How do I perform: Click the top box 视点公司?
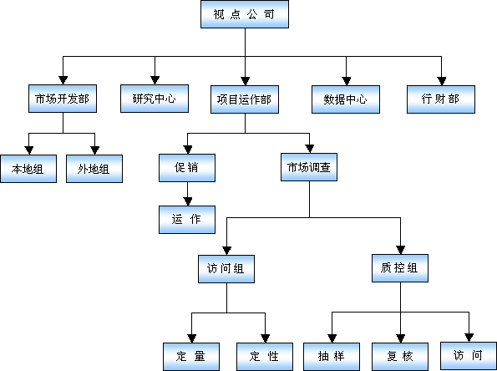click(x=245, y=14)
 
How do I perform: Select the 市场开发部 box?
click(x=63, y=99)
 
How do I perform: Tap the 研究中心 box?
click(x=155, y=99)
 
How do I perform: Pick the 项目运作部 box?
click(x=245, y=99)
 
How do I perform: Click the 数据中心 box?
click(x=346, y=99)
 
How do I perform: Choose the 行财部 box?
click(x=441, y=99)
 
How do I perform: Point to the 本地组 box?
click(x=28, y=169)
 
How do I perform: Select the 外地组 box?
click(x=94, y=169)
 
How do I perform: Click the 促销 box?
click(x=187, y=168)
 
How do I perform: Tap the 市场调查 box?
click(x=309, y=167)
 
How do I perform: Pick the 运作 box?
click(x=187, y=220)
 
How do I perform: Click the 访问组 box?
click(x=226, y=269)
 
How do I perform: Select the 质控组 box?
click(x=400, y=268)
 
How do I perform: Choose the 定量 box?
click(x=191, y=357)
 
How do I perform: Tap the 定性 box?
click(x=265, y=357)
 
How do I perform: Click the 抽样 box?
click(x=332, y=357)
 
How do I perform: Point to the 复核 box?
click(x=400, y=357)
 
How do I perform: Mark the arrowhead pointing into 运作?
click(x=188, y=201)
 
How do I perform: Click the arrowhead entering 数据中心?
click(x=347, y=81)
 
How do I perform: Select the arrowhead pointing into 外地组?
click(x=94, y=150)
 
